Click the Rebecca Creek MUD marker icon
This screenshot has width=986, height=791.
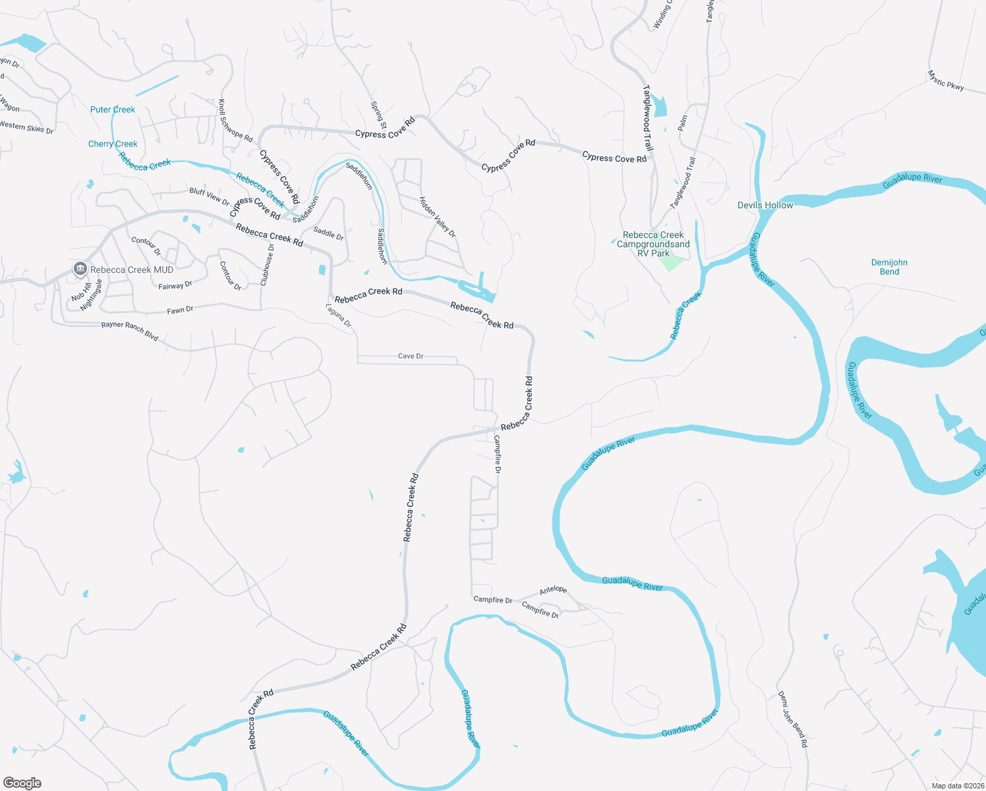pyautogui.click(x=80, y=269)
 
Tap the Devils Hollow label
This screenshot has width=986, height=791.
pyautogui.click(x=765, y=205)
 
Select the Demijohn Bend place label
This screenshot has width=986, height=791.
pyautogui.click(x=889, y=267)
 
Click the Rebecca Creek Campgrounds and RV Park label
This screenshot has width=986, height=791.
pyautogui.click(x=653, y=244)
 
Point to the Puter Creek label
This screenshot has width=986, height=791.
pyautogui.click(x=113, y=109)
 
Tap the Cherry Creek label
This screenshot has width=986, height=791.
pyautogui.click(x=113, y=144)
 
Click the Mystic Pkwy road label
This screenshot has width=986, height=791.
pyautogui.click(x=945, y=80)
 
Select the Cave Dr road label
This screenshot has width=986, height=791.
pyautogui.click(x=411, y=356)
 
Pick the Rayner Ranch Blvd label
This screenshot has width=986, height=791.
pyautogui.click(x=130, y=331)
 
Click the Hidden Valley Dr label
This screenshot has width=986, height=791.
pyautogui.click(x=438, y=217)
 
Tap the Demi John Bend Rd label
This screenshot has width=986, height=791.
pyautogui.click(x=792, y=718)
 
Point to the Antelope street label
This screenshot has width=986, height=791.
pyautogui.click(x=553, y=590)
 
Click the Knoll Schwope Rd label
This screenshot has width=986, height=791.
pyautogui.click(x=235, y=121)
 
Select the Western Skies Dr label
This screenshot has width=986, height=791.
pyautogui.click(x=26, y=127)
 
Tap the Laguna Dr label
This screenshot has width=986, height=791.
pyautogui.click(x=339, y=315)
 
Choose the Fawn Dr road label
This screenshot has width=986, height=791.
pyautogui.click(x=180, y=310)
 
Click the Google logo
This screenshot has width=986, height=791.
pyautogui.click(x=22, y=782)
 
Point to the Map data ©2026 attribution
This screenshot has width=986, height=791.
pyautogui.click(x=956, y=786)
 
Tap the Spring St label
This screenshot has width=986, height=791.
pyautogui.click(x=378, y=115)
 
